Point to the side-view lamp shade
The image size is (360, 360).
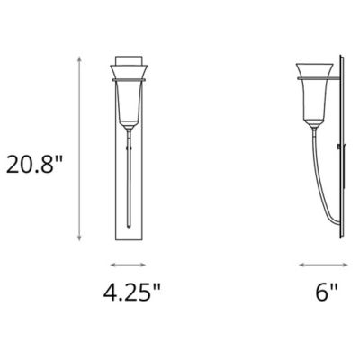click(318, 90)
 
